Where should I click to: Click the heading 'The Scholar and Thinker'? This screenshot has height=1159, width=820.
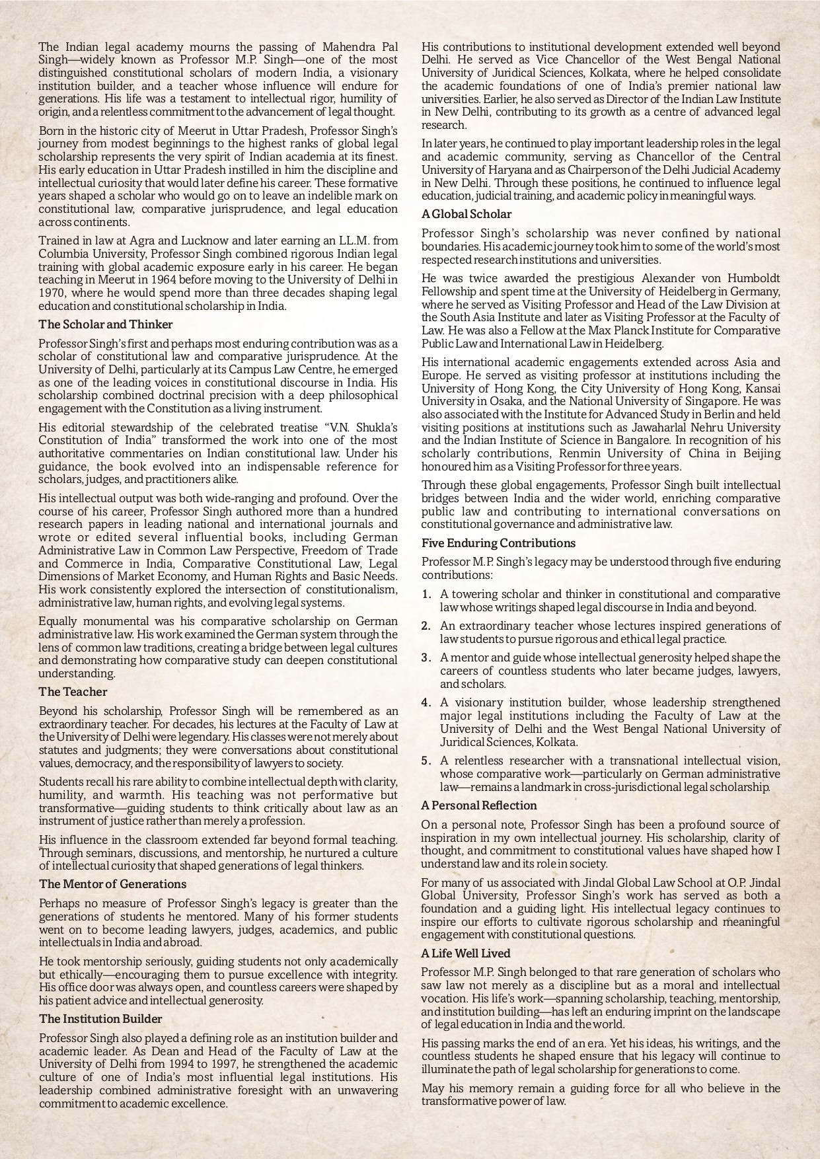tap(106, 324)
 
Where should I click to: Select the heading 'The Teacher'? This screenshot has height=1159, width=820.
tap(73, 692)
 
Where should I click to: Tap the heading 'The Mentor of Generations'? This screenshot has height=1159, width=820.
tap(112, 884)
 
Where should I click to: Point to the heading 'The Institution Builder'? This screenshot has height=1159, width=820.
tap(100, 1019)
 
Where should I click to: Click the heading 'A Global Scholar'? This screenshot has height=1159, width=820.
tap(466, 214)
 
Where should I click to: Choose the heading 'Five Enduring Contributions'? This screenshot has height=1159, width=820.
tap(498, 543)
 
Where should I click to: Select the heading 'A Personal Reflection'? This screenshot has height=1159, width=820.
tap(479, 805)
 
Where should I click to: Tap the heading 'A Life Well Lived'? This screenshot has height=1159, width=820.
tap(466, 953)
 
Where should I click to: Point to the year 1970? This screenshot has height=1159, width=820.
tap(52, 293)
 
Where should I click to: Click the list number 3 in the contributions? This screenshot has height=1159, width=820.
tap(427, 658)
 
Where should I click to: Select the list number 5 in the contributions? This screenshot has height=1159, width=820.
tap(427, 761)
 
